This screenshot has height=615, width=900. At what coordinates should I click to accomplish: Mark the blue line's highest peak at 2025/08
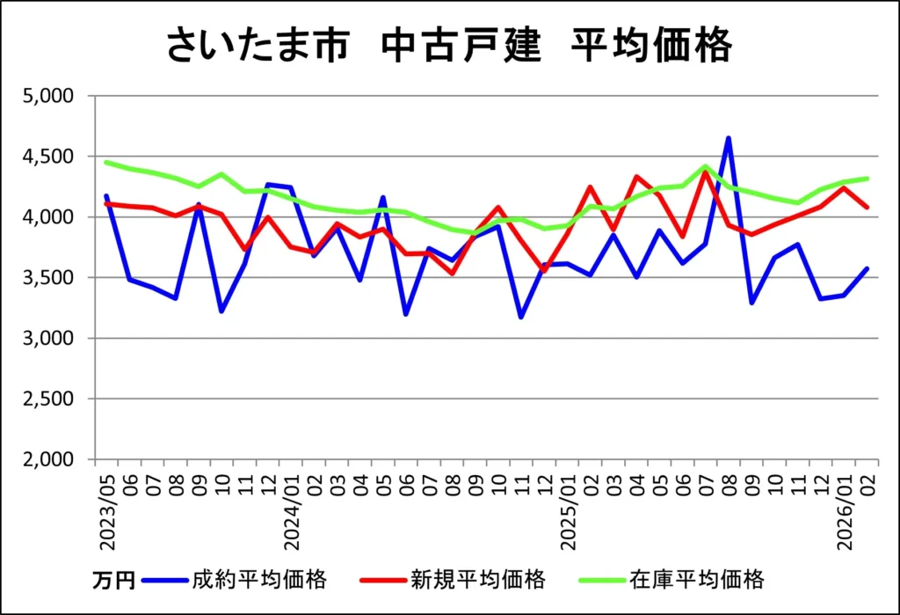729,138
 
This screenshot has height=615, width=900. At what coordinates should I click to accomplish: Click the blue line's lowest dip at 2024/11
521,317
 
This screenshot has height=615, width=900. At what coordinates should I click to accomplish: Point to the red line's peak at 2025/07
706,172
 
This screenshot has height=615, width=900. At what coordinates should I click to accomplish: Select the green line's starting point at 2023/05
106,162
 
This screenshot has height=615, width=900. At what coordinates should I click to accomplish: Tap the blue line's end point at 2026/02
867,268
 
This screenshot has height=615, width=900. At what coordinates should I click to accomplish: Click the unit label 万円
113,581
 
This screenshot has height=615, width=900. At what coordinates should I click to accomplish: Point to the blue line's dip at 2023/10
221,311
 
